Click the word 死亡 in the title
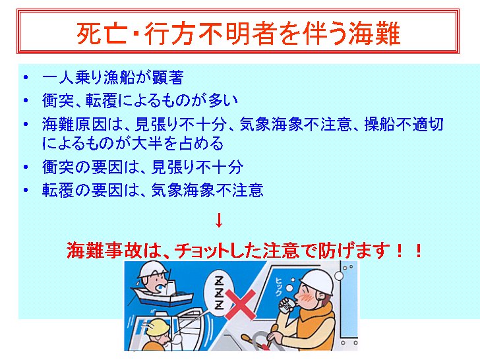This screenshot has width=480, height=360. pos(102,33)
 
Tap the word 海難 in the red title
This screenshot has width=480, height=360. pos(375,33)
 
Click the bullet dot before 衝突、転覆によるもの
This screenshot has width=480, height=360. pos(26,100)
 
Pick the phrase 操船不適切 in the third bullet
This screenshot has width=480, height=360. pos(404,124)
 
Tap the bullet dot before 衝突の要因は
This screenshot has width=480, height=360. pos(26,167)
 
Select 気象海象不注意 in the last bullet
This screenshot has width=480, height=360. pos(207,190)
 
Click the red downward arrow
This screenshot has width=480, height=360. pos(219,220)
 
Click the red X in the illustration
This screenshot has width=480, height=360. pos(241,305)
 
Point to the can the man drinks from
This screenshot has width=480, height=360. pos(287,305)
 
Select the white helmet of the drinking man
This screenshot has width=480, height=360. pos(317,282)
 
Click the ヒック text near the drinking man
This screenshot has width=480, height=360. pos(278,287)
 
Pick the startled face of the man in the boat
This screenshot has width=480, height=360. pos(156,284)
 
